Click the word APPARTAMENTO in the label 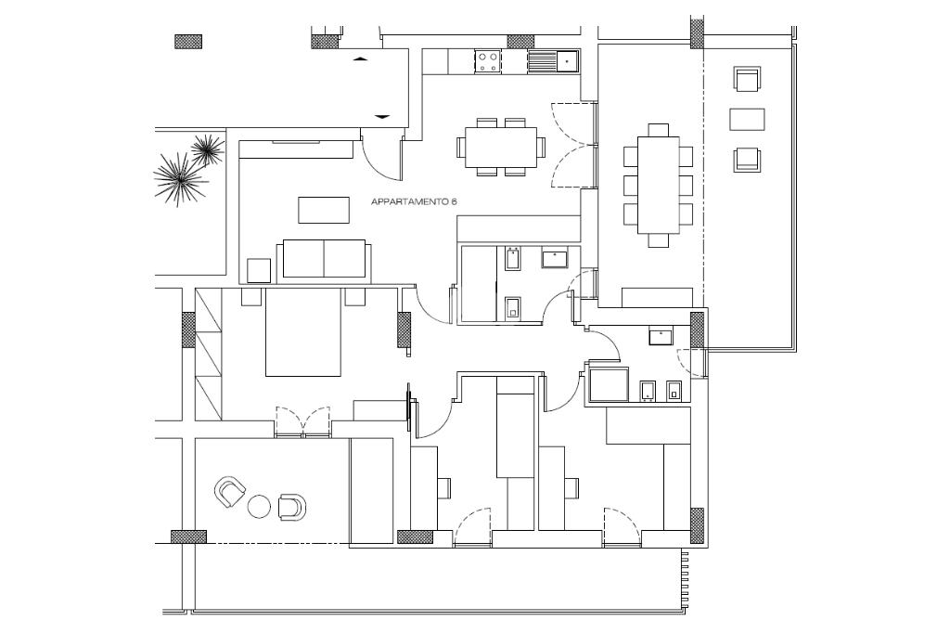pos(408,201)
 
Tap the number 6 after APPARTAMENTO pos(456,201)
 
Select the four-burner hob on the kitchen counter pos(488,61)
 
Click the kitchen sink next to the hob pos(554,61)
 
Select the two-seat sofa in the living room pos(324,258)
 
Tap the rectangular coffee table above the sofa pos(324,210)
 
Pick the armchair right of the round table pos(291,506)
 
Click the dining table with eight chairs pos(659,186)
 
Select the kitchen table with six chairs pos(501,147)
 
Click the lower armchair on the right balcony pos(747,161)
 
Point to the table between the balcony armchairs pos(747,120)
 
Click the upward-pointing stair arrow pos(361,59)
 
